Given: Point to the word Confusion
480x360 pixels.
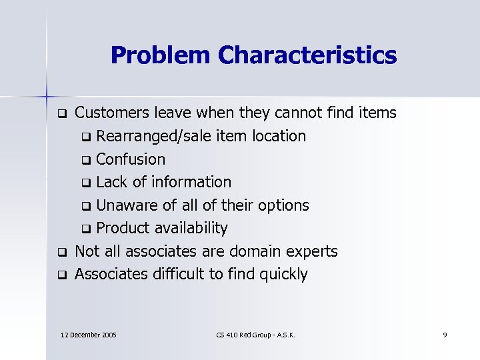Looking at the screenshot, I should click(x=131, y=159).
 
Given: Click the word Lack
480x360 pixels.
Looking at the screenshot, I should click(x=111, y=182).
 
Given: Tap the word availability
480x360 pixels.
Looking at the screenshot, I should click(x=191, y=228).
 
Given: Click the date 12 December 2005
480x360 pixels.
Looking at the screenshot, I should click(x=89, y=333).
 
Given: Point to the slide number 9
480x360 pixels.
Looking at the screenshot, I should click(x=445, y=333).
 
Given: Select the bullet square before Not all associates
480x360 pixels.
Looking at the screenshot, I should click(x=61, y=252).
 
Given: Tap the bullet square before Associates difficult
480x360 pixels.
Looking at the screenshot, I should click(x=61, y=275).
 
